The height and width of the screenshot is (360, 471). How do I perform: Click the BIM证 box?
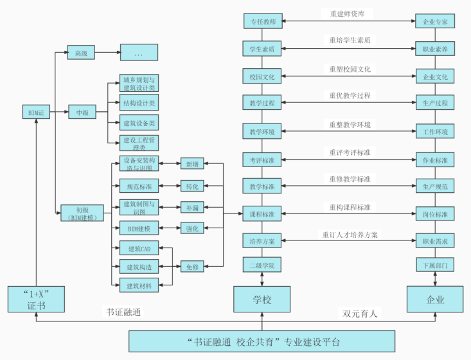coord(36,113)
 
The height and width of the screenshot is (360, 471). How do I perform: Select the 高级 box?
coord(81,53)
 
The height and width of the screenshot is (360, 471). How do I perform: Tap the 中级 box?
coord(82,113)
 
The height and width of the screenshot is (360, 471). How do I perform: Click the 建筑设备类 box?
coord(139,122)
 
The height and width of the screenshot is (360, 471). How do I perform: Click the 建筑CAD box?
coord(139,248)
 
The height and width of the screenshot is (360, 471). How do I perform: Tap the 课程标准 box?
coord(262,214)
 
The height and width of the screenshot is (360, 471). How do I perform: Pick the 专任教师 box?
coord(262,22)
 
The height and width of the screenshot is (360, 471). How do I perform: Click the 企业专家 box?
coord(435,22)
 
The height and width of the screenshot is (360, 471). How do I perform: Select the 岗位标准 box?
coord(435,214)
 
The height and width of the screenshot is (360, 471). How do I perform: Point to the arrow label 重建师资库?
coord(348,13)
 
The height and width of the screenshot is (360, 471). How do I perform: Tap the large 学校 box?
coord(262,300)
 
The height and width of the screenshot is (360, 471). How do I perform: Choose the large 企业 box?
coord(435,300)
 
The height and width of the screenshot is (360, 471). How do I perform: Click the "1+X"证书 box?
coord(36,300)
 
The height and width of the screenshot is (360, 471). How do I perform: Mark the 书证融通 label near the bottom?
coord(123,312)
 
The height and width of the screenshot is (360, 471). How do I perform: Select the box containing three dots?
coord(139,53)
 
